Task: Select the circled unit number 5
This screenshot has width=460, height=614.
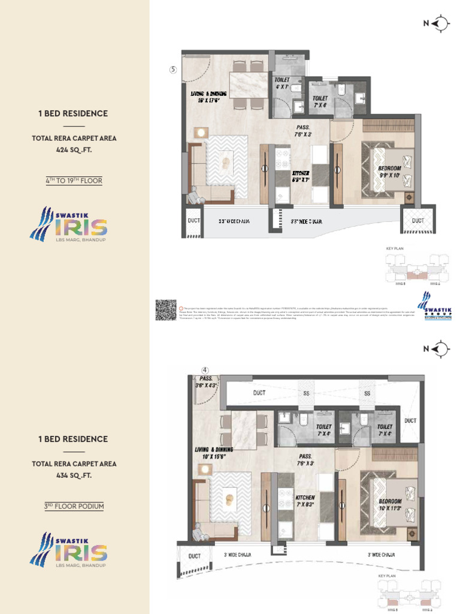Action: (x=173, y=70)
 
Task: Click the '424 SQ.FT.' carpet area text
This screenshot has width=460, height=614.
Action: (x=74, y=150)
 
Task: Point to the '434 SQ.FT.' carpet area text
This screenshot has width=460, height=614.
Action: (x=74, y=475)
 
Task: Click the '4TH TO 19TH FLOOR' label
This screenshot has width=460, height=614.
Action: (x=74, y=180)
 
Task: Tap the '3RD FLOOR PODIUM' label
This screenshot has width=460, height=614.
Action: (x=74, y=506)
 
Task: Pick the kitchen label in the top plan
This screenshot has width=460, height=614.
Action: (x=300, y=174)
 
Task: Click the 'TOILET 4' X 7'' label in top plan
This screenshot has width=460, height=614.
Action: (x=282, y=83)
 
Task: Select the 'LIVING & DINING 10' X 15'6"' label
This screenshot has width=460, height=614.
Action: (x=214, y=453)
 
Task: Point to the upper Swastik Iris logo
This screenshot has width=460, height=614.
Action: (x=69, y=225)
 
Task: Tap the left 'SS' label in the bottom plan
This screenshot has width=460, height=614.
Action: (x=306, y=393)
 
